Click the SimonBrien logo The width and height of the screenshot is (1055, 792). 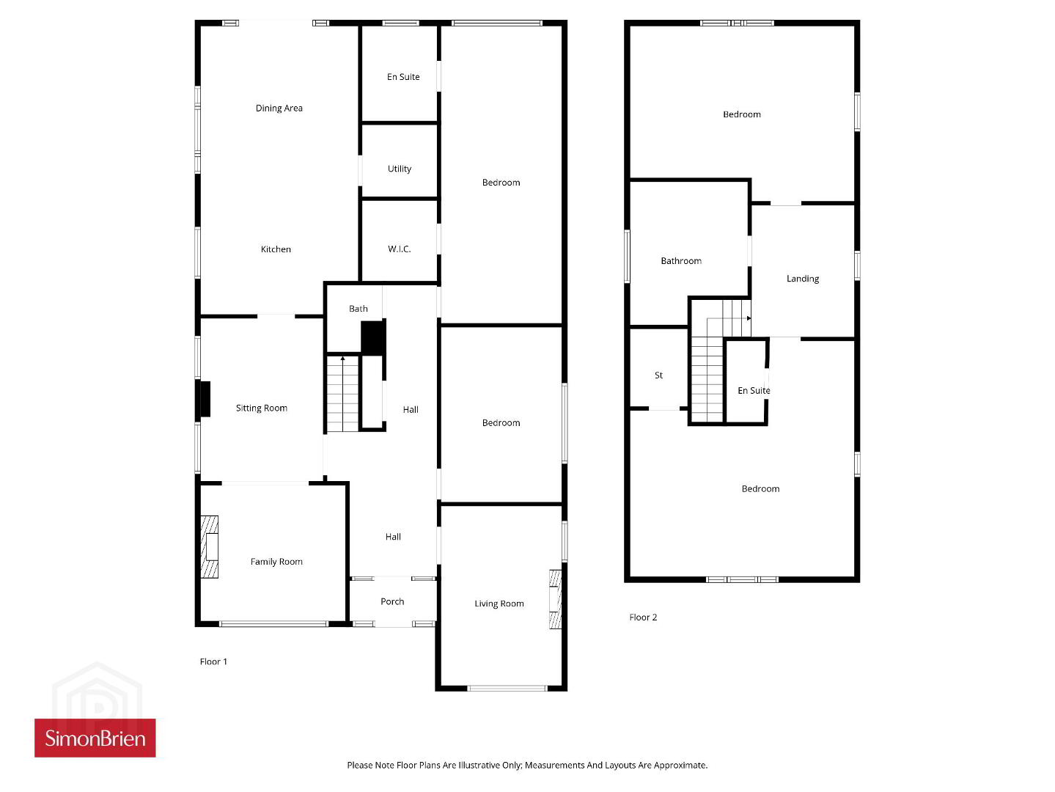coord(95,738)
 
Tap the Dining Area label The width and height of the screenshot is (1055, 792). coord(279,108)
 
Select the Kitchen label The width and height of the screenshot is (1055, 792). coord(276,249)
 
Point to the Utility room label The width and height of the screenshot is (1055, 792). coord(400,169)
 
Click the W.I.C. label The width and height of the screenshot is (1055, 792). coord(399,249)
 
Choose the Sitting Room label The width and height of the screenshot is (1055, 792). coord(262,408)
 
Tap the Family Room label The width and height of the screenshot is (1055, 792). coord(276,561)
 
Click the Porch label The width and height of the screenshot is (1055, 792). coord(392,601)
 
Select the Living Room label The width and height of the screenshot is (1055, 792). coord(499,604)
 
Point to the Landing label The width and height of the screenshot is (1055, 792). coord(803,279)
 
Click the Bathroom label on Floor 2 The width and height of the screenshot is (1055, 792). coord(681,261)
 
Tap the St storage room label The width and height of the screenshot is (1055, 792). coord(658,375)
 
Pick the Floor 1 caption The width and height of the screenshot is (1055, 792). coord(213,661)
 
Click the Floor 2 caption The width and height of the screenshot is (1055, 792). coord(643,617)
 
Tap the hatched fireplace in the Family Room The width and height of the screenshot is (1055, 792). coord(209,547)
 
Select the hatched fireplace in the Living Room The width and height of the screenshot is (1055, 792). coord(555,599)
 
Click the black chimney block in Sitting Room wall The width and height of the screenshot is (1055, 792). coord(205,399)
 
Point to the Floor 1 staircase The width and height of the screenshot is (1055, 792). coord(342,393)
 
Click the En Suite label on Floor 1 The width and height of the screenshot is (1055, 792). coord(403,77)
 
